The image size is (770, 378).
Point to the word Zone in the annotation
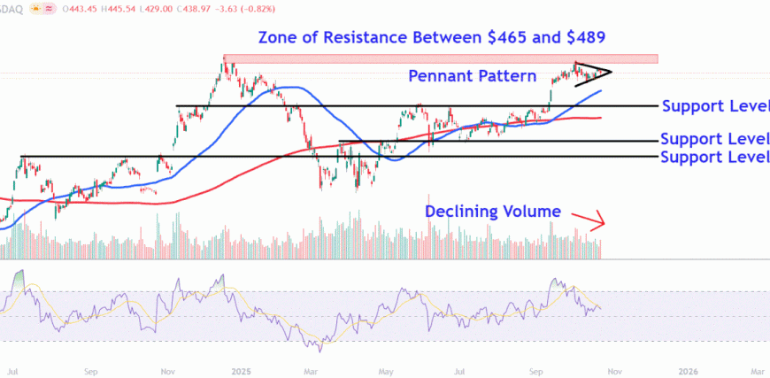[280, 38]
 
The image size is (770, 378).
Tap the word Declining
[466, 212]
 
